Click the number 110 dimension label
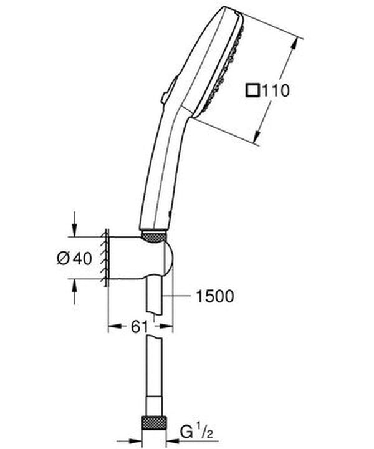click(x=276, y=91)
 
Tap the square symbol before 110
click(x=252, y=91)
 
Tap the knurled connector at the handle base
click(x=153, y=236)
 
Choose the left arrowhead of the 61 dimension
click(x=113, y=326)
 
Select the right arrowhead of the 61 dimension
click(x=168, y=326)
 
